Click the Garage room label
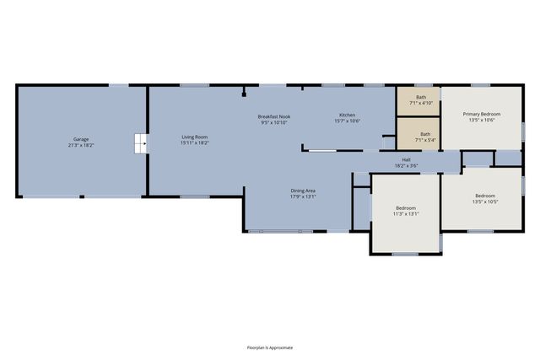coord(80,139)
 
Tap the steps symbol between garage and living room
coord(140,144)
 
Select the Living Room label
coord(194,137)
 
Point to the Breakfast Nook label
coord(274,116)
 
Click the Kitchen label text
coord(348,115)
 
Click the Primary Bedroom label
coord(480,114)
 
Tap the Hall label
coord(406,159)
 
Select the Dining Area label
coord(303,191)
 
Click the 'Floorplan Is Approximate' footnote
coord(269,347)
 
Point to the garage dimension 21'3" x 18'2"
coord(80,145)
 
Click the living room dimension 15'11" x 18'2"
coord(194,142)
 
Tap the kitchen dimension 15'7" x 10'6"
coord(348,121)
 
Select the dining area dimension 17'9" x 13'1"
coord(303,197)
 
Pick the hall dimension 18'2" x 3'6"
coord(406,165)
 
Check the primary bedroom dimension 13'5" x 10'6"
coord(480,120)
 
